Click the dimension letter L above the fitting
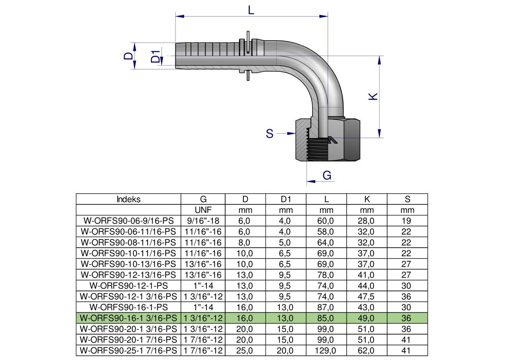coord(251,10)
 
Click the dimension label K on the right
coord(373,96)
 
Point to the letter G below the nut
coord(327,175)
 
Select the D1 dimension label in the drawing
coord(155,56)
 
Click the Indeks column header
coord(128,199)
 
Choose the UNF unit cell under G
coord(203,210)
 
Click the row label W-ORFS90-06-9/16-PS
coord(128,221)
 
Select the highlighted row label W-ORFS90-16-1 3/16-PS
coord(128,318)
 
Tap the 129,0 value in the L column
coord(325,351)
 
